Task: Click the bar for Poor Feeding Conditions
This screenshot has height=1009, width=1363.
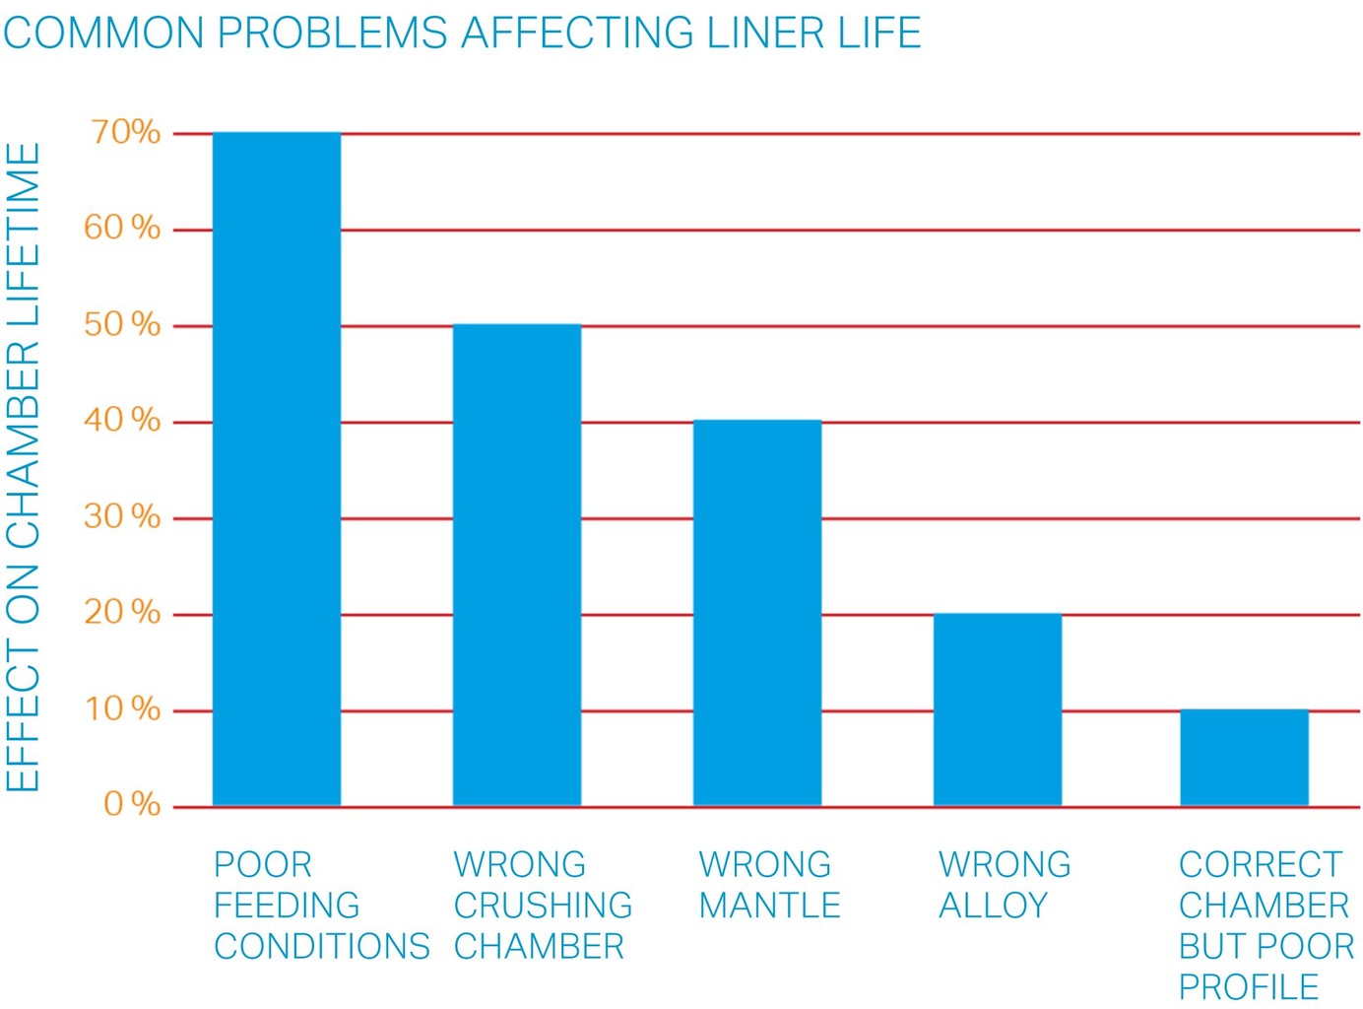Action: [277, 469]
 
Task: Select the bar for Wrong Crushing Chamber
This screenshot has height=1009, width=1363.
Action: [517, 565]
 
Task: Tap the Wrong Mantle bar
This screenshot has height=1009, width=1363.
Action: [757, 613]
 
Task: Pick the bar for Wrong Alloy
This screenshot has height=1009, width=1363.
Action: [998, 709]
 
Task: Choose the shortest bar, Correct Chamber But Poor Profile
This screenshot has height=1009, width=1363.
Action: [1244, 757]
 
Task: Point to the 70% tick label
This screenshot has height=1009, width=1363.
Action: [125, 132]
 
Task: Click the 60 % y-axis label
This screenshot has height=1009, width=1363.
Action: [122, 228]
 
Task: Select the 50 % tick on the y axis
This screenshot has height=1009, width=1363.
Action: [122, 324]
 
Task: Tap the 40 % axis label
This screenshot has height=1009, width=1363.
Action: [122, 420]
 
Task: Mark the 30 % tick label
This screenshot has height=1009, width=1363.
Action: [122, 516]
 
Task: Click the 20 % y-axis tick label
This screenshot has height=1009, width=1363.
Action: [122, 612]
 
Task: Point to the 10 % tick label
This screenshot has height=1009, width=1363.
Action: [122, 708]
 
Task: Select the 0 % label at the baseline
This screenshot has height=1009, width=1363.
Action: [132, 804]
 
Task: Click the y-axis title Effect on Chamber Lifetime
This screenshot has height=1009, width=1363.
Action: [24, 468]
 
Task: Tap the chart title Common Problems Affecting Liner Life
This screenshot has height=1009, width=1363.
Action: [462, 33]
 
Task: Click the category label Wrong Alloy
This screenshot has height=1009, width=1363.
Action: [1004, 885]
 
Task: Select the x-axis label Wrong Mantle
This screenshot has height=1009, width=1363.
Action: [768, 885]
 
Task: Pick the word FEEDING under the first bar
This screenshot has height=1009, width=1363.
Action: [287, 906]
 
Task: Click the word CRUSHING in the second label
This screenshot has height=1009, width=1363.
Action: [543, 906]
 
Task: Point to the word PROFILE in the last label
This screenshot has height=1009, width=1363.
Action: [1248, 987]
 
